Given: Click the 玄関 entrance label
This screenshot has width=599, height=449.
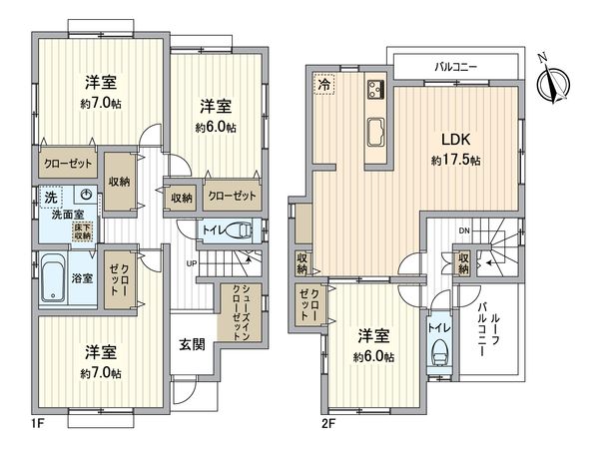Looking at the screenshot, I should (x=193, y=345).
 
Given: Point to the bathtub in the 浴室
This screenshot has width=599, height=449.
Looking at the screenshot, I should (x=54, y=278).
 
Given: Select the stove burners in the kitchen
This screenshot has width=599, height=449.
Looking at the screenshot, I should (x=376, y=89).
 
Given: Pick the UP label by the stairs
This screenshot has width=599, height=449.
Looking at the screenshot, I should (x=190, y=263).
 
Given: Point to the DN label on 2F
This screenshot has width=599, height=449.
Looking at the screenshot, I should (x=464, y=231).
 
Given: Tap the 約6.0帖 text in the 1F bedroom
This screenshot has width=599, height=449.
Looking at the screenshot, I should (x=217, y=128).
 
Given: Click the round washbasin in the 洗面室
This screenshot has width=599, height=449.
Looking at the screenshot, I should (x=88, y=197).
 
